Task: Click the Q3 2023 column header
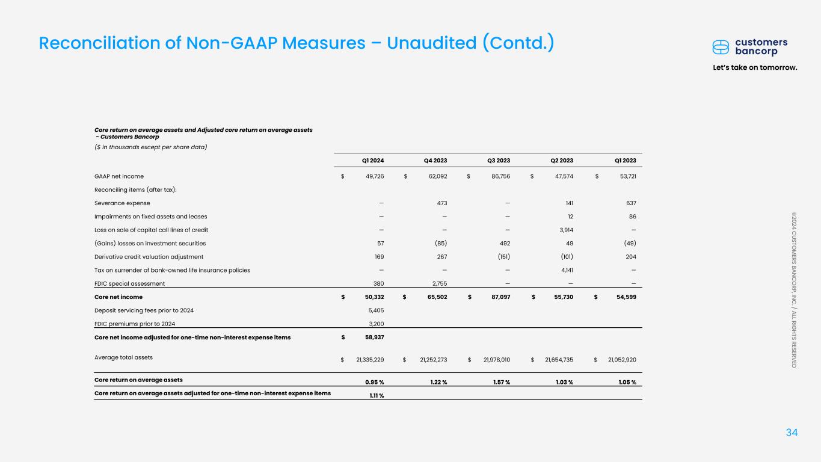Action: tap(499, 161)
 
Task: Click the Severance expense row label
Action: tap(122, 203)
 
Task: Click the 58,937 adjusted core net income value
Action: tap(374, 337)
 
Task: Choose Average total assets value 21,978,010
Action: tap(490, 360)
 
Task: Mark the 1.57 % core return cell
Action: tap(499, 383)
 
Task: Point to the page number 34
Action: tap(792, 433)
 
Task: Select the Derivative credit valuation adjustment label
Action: tap(149, 257)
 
